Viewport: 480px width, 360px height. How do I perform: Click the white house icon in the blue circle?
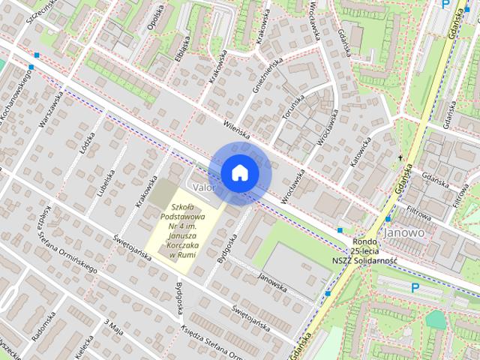tap(239, 173)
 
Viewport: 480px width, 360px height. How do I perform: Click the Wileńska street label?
tap(235, 131)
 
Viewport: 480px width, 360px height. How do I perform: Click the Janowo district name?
tap(404, 232)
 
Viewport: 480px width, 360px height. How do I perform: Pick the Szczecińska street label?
tap(41, 11)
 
